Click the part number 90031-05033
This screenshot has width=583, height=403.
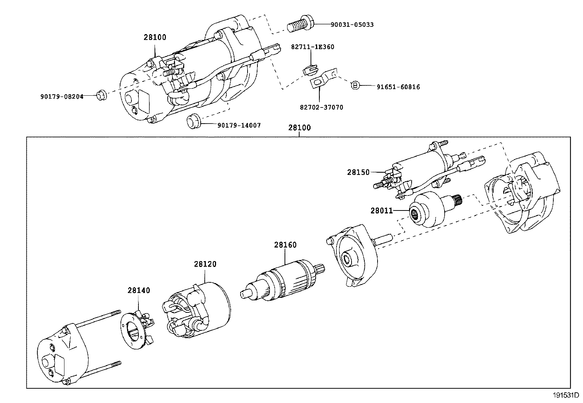click(x=352, y=25)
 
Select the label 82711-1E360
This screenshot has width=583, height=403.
click(x=313, y=47)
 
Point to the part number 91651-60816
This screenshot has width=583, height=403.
click(x=398, y=87)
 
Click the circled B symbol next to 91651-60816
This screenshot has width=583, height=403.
click(x=355, y=85)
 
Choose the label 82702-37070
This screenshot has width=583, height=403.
click(x=322, y=107)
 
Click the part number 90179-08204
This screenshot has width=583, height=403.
click(x=62, y=97)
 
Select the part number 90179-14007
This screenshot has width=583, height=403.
click(x=239, y=126)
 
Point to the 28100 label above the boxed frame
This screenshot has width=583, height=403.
click(x=300, y=128)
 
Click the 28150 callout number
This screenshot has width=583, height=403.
click(x=359, y=172)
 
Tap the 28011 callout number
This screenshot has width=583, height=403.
click(x=382, y=210)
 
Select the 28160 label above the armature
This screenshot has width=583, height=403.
click(x=285, y=245)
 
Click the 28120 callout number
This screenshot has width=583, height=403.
click(x=205, y=264)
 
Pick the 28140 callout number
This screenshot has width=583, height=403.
click(x=139, y=290)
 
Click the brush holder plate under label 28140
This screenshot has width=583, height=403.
click(x=137, y=330)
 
